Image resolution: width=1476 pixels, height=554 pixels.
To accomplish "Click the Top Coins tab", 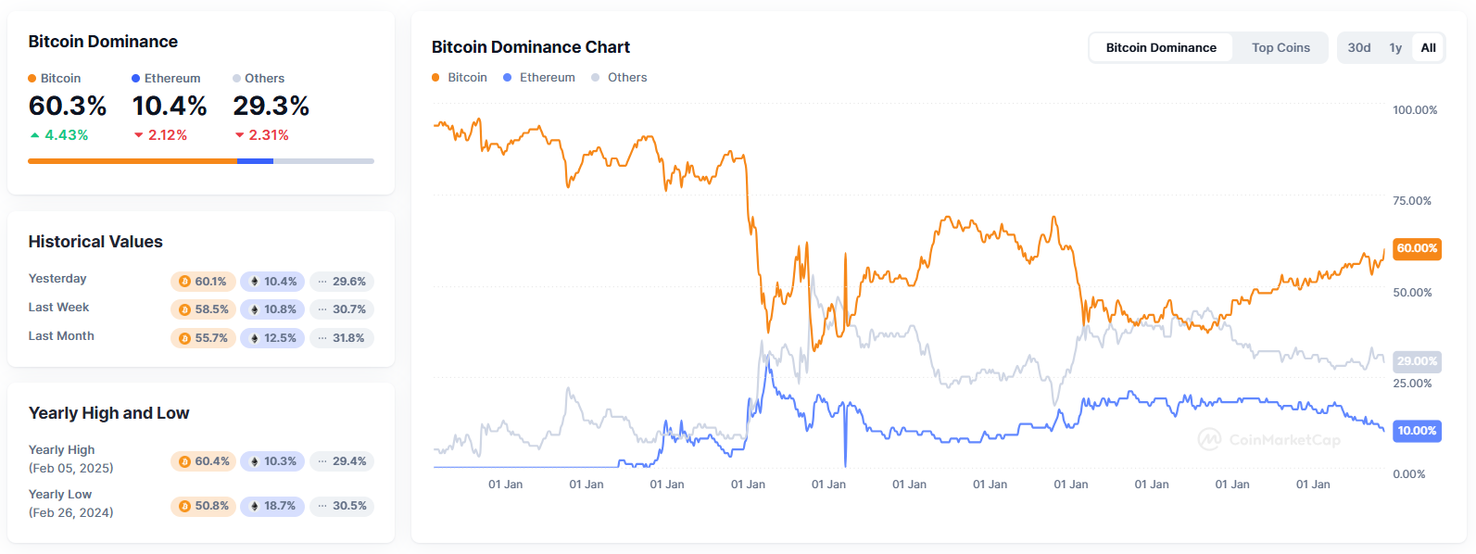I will [1280, 48].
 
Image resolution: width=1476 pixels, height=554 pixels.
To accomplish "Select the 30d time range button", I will [1358, 48].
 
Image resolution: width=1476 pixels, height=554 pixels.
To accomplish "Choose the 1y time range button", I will [1394, 48].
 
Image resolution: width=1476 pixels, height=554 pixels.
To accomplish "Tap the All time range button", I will [1428, 48].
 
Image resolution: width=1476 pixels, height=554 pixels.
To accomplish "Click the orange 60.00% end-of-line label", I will [1417, 248].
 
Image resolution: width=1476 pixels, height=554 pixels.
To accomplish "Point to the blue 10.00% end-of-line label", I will [1417, 431].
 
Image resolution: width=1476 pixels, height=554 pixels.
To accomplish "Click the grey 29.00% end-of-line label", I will [1417, 361].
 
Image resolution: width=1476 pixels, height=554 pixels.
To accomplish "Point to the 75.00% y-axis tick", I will [1412, 201].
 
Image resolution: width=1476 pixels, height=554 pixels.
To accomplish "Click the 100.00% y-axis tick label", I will [1415, 110].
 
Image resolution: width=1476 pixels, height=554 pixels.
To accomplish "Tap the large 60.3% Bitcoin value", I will [68, 107].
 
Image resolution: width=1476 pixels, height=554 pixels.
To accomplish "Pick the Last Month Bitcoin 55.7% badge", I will [203, 338].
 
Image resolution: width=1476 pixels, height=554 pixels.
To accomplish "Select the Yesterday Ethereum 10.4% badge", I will [272, 282].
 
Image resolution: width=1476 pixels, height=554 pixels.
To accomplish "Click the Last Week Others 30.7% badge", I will [341, 309].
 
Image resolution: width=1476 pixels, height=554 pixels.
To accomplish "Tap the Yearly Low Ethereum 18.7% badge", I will [272, 506].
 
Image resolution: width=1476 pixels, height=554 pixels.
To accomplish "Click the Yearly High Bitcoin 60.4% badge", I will [203, 461].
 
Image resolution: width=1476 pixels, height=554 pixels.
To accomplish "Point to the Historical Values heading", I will [95, 242].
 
